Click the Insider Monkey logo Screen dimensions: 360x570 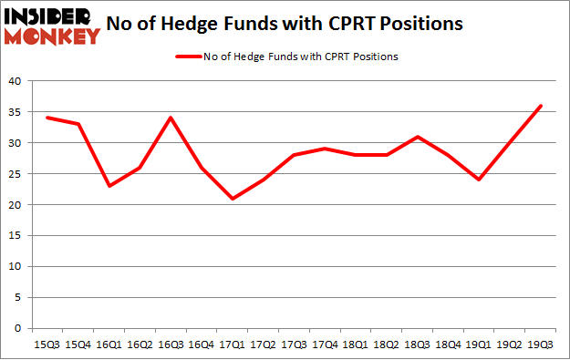52,25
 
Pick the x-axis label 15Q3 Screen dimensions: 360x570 47,345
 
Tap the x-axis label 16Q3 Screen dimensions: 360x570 171,345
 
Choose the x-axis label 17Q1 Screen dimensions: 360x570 232,345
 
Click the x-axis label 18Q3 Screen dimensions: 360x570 417,345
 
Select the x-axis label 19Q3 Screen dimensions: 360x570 540,345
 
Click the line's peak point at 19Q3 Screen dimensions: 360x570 540,106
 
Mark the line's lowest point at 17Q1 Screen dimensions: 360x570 232,199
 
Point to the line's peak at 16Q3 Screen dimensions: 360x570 171,118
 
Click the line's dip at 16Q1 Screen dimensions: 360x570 109,186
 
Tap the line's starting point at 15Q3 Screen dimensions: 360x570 47,118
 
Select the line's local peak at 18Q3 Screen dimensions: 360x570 417,137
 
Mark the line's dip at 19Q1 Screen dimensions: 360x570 478,180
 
